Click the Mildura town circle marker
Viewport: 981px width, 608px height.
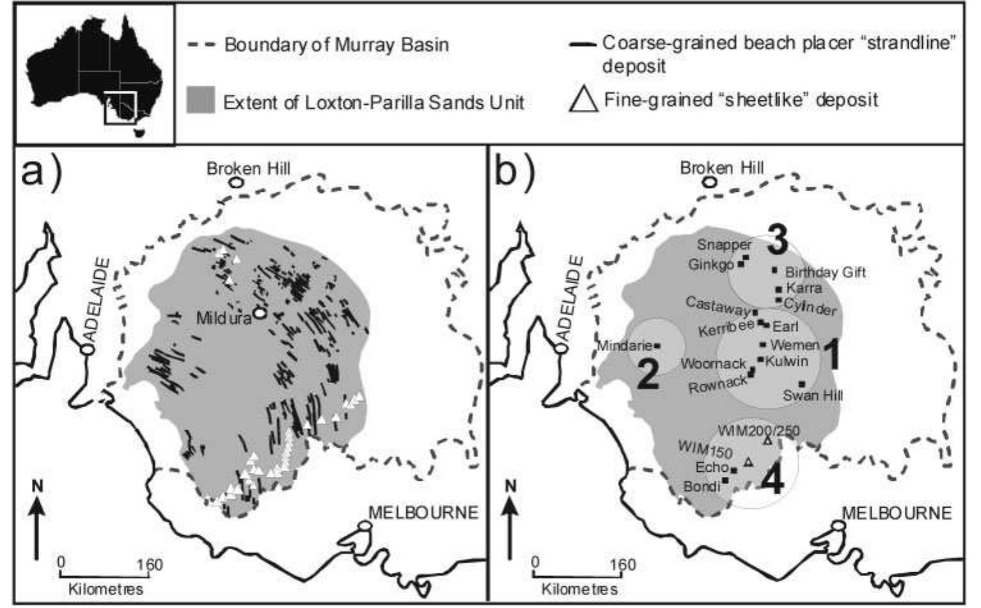(259, 313)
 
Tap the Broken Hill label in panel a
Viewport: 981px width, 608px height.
(248, 169)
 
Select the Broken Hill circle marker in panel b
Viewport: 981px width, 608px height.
(709, 182)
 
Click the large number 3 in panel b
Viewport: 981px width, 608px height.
(778, 242)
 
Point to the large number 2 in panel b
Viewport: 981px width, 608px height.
(648, 374)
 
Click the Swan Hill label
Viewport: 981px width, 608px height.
(813, 396)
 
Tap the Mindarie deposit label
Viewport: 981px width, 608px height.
(624, 346)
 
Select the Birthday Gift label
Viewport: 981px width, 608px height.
(825, 273)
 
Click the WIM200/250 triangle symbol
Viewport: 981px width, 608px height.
(767, 441)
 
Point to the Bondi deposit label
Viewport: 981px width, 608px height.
(702, 487)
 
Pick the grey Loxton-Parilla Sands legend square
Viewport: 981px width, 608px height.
(200, 101)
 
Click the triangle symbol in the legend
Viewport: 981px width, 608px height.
(583, 99)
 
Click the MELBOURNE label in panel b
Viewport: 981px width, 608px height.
(896, 513)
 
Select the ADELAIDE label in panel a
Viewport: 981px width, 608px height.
(95, 300)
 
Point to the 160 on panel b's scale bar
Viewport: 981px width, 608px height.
(622, 565)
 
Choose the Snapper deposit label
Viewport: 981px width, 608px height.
(724, 244)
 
